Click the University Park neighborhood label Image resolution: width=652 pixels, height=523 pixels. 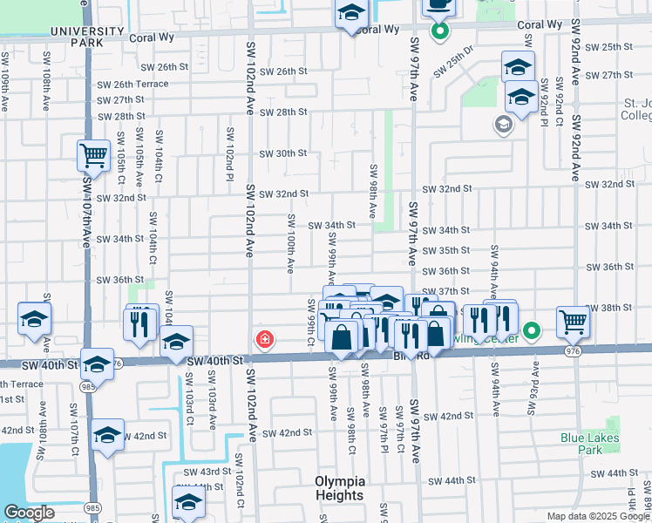click(x=87, y=36)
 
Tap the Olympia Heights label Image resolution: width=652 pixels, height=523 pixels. click(x=339, y=488)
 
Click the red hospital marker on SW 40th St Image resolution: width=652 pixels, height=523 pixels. click(x=261, y=338)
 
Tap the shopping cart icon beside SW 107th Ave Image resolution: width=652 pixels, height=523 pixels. click(x=93, y=156)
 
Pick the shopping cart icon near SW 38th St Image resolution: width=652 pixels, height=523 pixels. click(x=573, y=323)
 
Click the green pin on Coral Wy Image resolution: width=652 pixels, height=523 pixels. click(x=440, y=32)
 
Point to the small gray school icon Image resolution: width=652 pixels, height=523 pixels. click(x=503, y=125)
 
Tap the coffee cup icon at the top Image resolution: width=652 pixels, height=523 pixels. click(x=438, y=5)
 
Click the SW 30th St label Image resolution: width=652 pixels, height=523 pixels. click(x=286, y=153)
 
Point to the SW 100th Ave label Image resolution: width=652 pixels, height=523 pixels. click(x=290, y=245)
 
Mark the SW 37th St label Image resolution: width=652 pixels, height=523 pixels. click(x=453, y=291)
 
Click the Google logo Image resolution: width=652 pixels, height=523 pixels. click(x=30, y=513)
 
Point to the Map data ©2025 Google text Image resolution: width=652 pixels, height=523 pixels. click(x=597, y=516)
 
